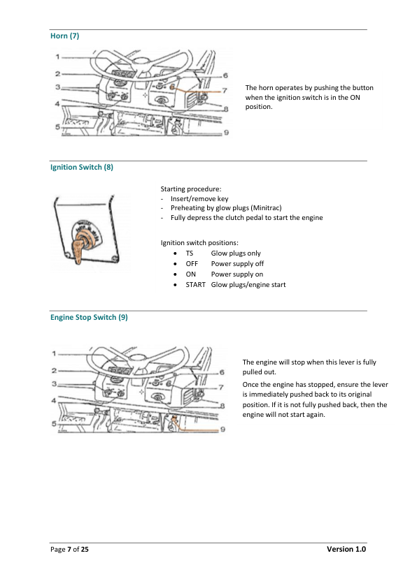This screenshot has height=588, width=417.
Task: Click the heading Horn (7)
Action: (x=64, y=36)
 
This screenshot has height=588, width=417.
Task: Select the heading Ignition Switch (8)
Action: (x=81, y=168)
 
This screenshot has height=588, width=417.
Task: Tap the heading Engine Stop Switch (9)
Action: (x=89, y=317)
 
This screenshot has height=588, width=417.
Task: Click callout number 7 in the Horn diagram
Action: (x=224, y=90)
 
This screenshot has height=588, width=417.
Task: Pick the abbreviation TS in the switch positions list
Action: (x=190, y=253)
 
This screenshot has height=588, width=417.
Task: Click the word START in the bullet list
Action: (x=195, y=285)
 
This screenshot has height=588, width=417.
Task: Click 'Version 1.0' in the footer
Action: (x=346, y=550)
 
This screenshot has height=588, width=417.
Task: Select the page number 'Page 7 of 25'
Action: (x=69, y=550)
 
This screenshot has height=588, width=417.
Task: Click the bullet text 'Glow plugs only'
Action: (x=236, y=253)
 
